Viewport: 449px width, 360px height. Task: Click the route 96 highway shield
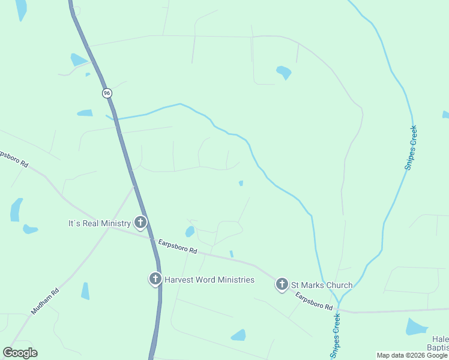click(107, 93)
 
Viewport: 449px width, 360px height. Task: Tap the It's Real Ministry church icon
click(140, 223)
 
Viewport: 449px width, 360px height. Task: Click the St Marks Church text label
click(322, 284)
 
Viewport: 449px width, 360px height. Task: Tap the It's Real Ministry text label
click(99, 223)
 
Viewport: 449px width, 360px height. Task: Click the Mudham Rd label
click(45, 302)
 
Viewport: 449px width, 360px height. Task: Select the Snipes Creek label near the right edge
click(411, 147)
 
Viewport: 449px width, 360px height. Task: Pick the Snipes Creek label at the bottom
click(336, 331)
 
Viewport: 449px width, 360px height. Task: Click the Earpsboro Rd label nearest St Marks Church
click(313, 301)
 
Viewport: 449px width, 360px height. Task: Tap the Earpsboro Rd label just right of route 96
click(178, 246)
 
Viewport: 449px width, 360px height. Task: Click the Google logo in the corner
click(20, 353)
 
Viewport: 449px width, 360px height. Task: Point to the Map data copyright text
click(412, 355)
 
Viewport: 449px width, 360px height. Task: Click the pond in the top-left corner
click(22, 9)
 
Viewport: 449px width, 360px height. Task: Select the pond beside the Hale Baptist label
click(415, 327)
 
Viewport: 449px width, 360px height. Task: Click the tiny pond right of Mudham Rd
click(85, 291)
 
